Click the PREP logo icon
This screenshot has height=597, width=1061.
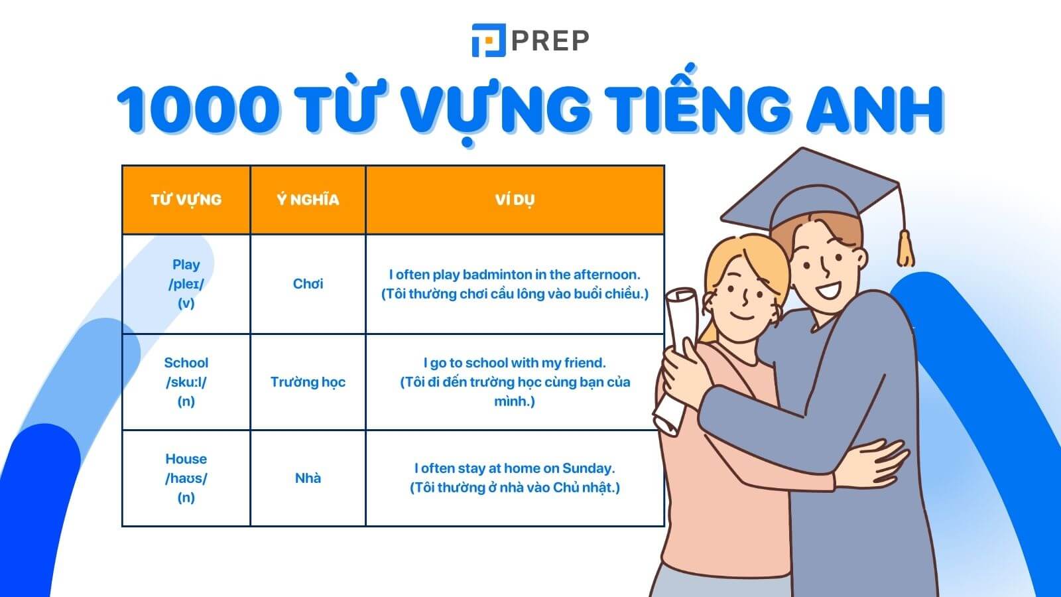(489, 40)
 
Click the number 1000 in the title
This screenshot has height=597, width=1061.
(198, 108)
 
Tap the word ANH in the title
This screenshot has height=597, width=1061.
(875, 108)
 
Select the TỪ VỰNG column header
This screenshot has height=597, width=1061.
(186, 200)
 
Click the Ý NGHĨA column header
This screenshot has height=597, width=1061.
(308, 200)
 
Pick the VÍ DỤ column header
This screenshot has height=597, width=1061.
(515, 200)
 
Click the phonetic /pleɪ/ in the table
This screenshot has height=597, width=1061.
(186, 284)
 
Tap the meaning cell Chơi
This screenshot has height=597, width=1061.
(308, 284)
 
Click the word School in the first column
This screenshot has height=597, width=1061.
(186, 363)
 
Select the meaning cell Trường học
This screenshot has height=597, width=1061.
(308, 382)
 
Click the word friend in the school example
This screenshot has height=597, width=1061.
(585, 363)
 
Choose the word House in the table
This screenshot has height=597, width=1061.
(186, 459)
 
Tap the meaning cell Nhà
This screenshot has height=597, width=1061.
(308, 478)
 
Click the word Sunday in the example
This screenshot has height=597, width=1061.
(588, 468)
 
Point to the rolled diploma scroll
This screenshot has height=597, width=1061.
(676, 358)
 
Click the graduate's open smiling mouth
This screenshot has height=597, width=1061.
(830, 289)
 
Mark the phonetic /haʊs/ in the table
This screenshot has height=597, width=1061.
(186, 478)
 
